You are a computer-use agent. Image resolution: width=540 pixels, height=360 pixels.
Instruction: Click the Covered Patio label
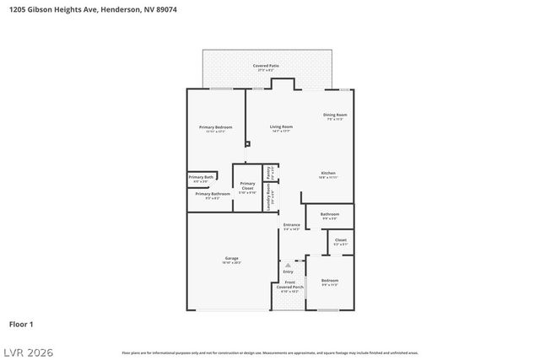266,65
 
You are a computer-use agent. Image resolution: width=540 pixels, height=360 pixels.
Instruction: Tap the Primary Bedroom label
215,127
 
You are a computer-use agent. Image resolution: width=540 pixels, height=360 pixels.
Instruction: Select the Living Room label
281,127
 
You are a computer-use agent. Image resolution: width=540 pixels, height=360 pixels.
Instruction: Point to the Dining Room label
335,116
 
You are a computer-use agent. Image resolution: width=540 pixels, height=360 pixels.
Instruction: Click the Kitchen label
327,173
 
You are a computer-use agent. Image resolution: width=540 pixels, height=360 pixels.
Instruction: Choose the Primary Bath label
200,177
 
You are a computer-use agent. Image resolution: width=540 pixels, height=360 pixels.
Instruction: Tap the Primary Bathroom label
213,194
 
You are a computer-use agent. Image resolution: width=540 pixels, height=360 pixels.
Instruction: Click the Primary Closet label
247,186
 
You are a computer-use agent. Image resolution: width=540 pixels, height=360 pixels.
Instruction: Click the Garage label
231,258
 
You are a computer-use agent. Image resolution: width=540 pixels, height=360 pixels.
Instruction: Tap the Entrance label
291,224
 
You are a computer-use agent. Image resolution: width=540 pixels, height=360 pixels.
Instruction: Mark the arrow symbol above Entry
288,265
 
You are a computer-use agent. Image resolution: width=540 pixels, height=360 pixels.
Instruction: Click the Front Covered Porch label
289,284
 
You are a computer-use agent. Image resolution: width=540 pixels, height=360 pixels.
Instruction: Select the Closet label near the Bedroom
340,240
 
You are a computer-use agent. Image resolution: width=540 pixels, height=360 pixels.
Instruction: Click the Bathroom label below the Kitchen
330,214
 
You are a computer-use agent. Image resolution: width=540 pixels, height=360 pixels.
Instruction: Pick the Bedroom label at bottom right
329,281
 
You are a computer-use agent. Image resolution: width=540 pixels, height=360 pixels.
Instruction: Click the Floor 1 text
21,324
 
